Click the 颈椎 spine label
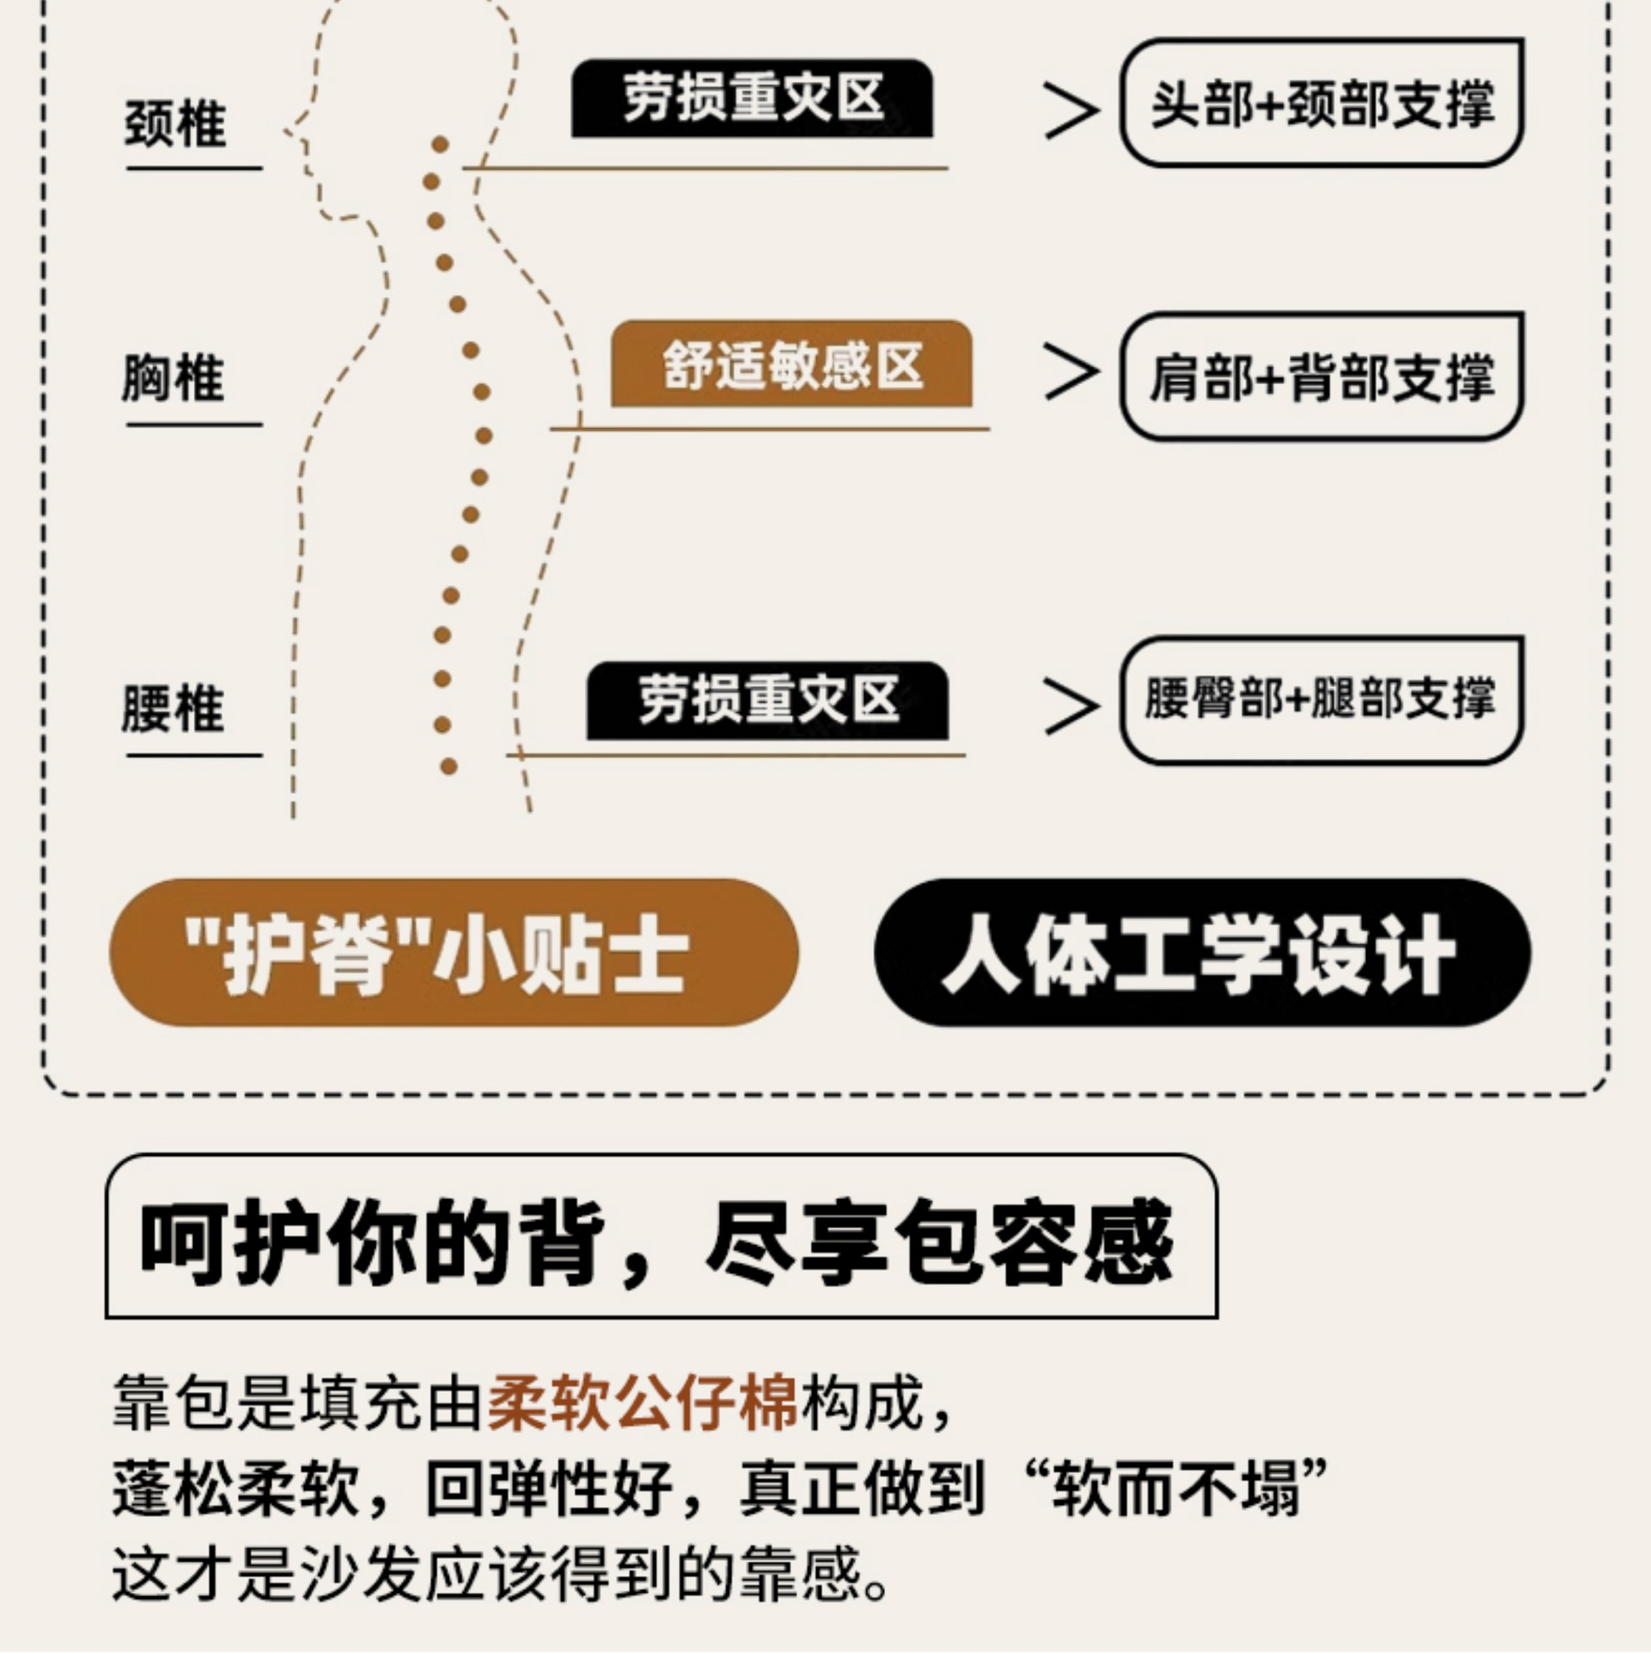point(176,124)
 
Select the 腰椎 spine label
point(173,710)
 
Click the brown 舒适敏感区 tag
point(791,364)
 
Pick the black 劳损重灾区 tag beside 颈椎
point(752,98)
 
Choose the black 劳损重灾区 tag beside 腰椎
point(767,700)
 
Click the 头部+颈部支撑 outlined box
point(1321,103)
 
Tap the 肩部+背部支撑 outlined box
point(1321,377)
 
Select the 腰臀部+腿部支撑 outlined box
point(1321,700)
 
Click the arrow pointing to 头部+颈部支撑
point(1071,110)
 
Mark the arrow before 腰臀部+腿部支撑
point(1071,706)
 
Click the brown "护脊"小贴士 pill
point(453,953)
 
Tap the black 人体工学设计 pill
point(1201,953)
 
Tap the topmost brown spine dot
point(440,145)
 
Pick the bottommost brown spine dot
point(448,766)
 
